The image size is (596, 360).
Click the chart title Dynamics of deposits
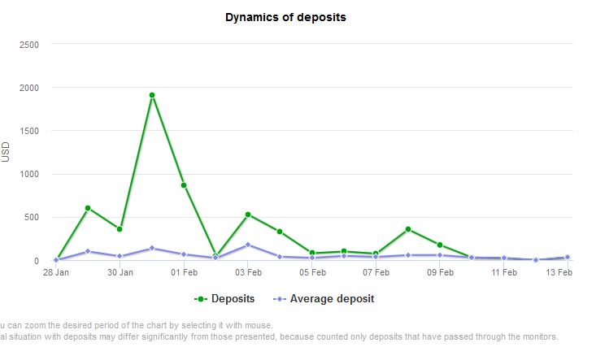coord(285,17)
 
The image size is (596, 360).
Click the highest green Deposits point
coord(152,95)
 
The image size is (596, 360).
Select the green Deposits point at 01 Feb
coord(184,185)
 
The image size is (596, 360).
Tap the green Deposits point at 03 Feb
coord(248,215)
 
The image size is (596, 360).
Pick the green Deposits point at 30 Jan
coord(120,229)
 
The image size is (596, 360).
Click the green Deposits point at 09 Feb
coord(440,245)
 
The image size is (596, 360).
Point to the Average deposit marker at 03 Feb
coord(248,245)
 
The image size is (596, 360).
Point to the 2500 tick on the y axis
coord(28,44)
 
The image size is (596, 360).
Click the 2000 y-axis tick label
coord(28,88)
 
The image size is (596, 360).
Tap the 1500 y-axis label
coord(28,131)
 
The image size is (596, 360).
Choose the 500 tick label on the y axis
coord(31,218)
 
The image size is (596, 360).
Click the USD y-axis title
coord(7,152)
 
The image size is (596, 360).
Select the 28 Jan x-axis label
coord(56,272)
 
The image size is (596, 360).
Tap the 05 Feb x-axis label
coord(312,272)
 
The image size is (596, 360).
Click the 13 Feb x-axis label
coord(558,272)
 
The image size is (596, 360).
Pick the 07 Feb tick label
coord(376,272)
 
